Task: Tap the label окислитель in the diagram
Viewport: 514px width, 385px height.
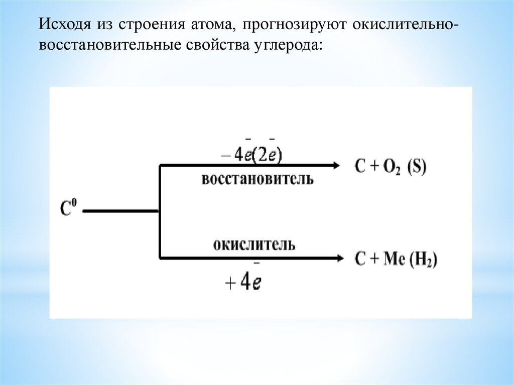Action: (254, 244)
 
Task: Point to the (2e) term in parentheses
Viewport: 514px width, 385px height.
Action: (267, 155)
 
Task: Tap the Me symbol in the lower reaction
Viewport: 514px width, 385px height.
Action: (392, 260)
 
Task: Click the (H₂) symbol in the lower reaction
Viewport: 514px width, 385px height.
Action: (423, 260)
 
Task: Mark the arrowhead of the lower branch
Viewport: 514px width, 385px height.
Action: (339, 258)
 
